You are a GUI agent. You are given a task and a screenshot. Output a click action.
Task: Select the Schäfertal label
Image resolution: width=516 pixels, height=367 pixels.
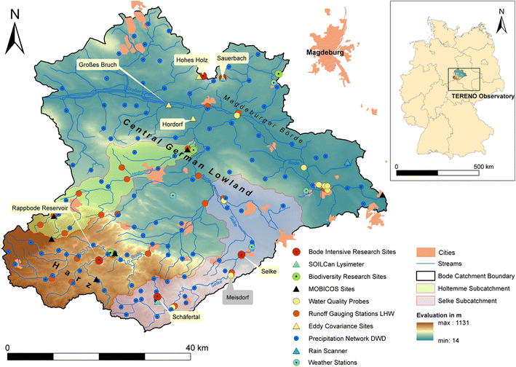(x=185, y=317)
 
